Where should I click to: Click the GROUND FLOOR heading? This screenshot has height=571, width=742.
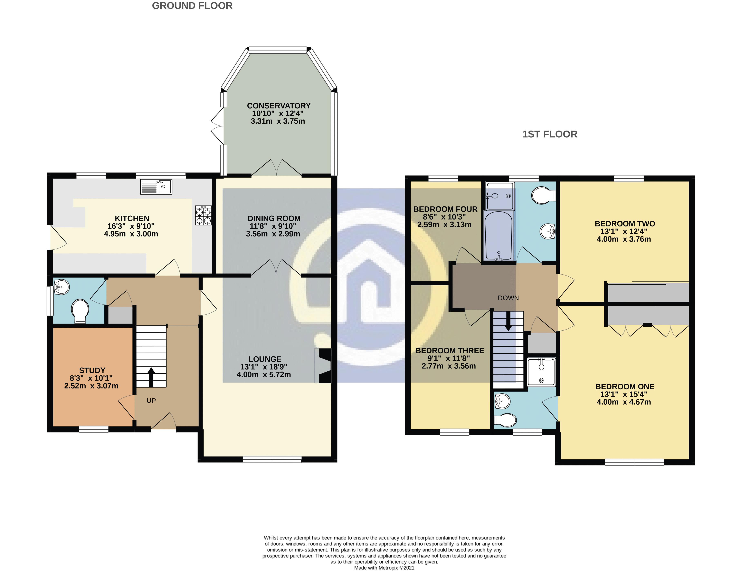tap(192, 6)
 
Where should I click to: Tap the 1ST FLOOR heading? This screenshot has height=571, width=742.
tap(550, 134)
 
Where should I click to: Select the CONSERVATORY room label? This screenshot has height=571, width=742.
tap(279, 106)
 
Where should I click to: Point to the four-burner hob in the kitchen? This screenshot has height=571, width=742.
tap(203, 215)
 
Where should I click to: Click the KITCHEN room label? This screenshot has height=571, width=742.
tap(132, 218)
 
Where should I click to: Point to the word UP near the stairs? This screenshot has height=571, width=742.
tap(151, 401)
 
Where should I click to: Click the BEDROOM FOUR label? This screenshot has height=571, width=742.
tap(445, 209)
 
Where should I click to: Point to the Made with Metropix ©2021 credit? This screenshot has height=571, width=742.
tap(384, 568)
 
